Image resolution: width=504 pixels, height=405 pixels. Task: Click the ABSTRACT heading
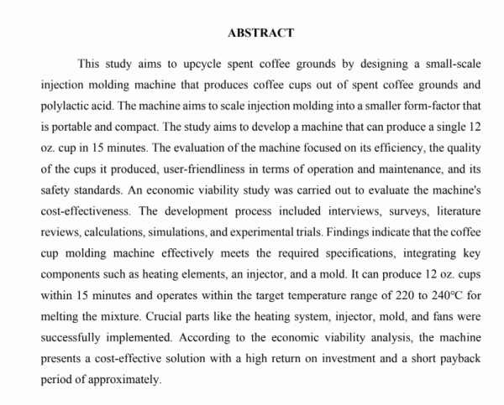[x=260, y=34]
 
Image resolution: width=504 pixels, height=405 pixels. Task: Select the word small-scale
[x=452, y=63]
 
